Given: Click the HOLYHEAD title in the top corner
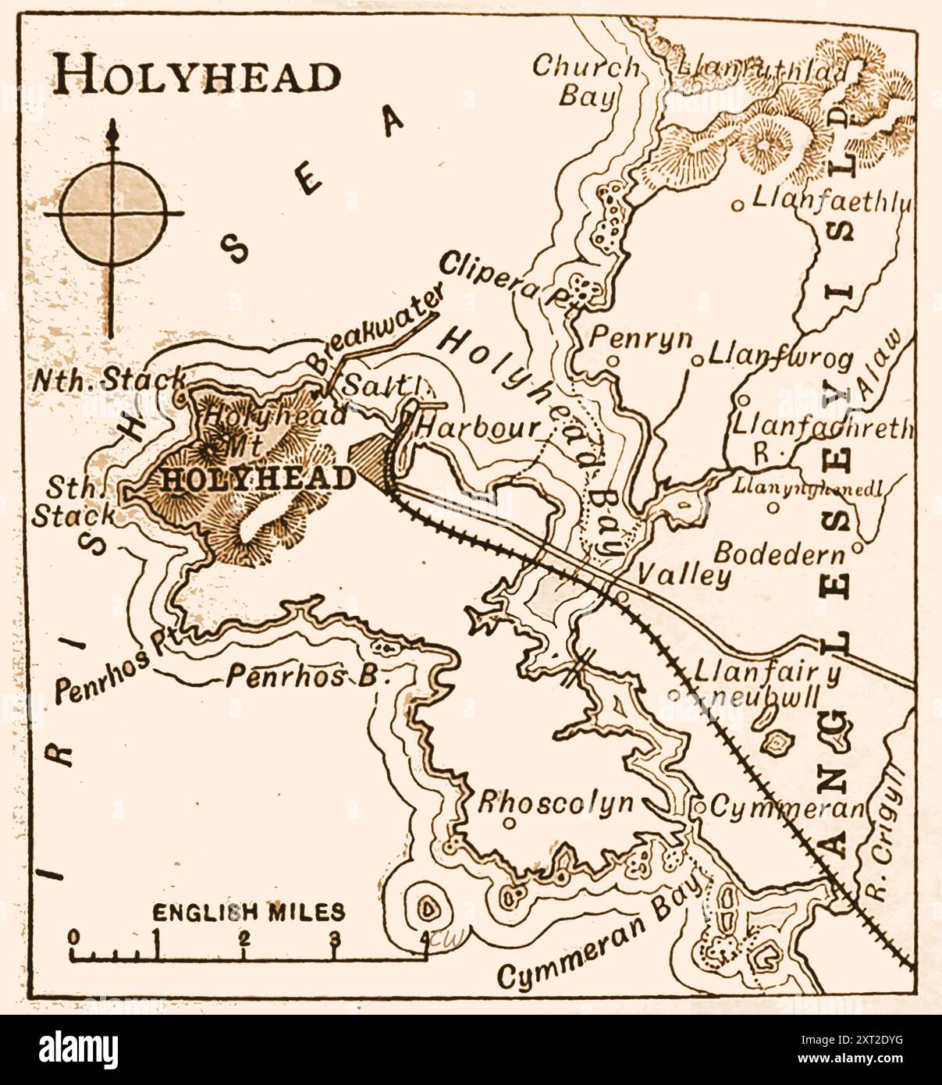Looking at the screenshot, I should pyautogui.click(x=197, y=76).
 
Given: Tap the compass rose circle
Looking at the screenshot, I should pyautogui.click(x=114, y=212).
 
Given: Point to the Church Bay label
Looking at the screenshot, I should pyautogui.click(x=586, y=80).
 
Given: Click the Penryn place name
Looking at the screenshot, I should pyautogui.click(x=640, y=338).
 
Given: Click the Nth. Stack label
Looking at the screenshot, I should pyautogui.click(x=109, y=380).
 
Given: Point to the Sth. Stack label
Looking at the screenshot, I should pyautogui.click(x=74, y=502).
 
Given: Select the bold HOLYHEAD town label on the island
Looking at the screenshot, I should pyautogui.click(x=258, y=478).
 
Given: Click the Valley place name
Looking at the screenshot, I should pyautogui.click(x=684, y=576).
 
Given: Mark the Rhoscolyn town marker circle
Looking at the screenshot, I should pyautogui.click(x=509, y=823).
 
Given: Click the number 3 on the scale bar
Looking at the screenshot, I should pyautogui.click(x=335, y=938).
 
